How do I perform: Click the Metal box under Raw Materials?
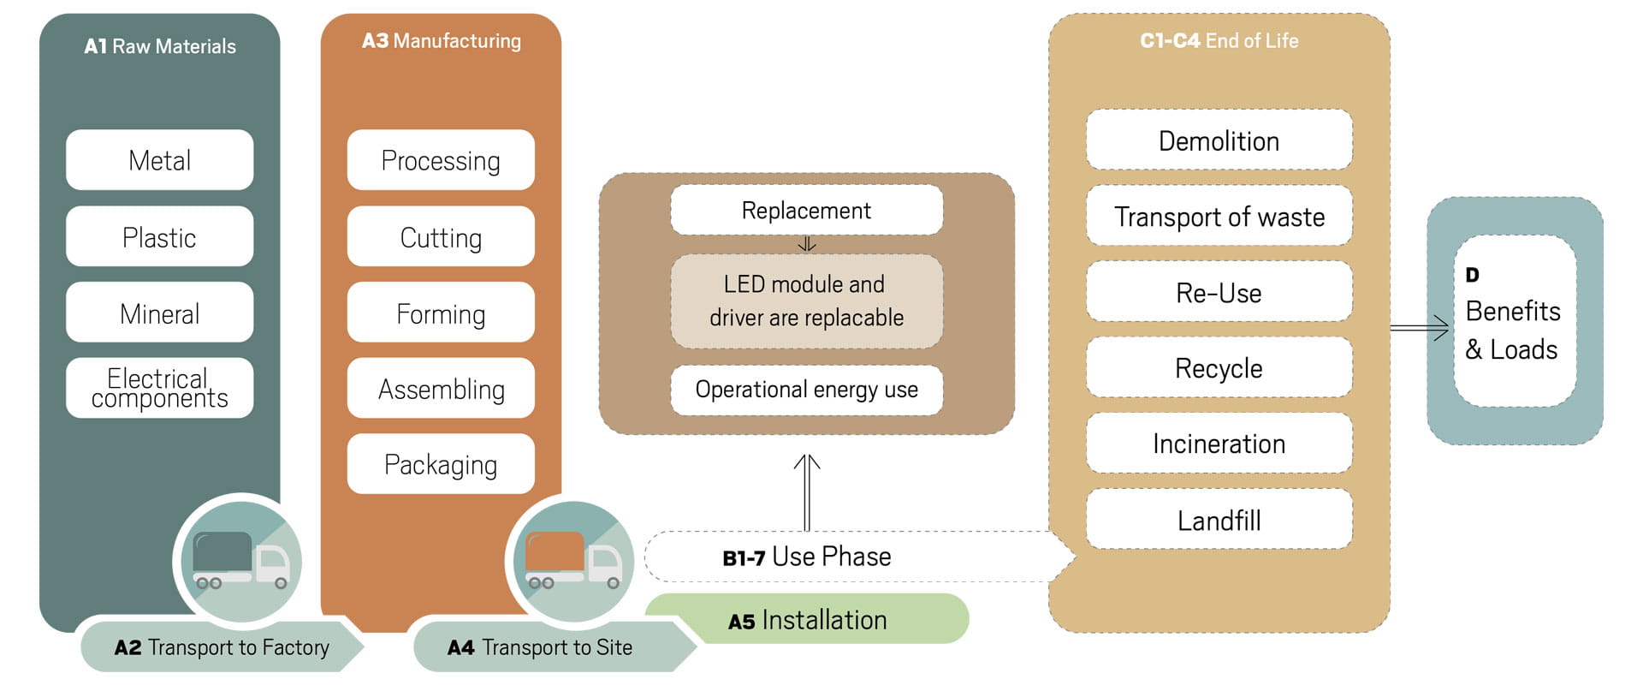[159, 160]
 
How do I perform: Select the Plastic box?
[159, 236]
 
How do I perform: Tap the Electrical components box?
[159, 388]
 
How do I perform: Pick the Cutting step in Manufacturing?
[441, 236]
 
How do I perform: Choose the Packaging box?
[441, 464]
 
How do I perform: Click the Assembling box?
[441, 389]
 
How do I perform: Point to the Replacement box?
[806, 210]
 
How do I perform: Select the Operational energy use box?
[806, 390]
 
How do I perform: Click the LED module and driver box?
[806, 301]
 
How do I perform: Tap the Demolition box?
[1219, 140]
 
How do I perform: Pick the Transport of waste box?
[1219, 216]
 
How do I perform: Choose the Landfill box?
[1219, 520]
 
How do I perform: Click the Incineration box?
[1219, 444]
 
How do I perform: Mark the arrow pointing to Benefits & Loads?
[1420, 328]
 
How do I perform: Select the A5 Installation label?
[807, 619]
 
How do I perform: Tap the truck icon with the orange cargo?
[572, 561]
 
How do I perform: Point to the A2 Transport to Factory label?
[221, 647]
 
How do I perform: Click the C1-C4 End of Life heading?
[1219, 40]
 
